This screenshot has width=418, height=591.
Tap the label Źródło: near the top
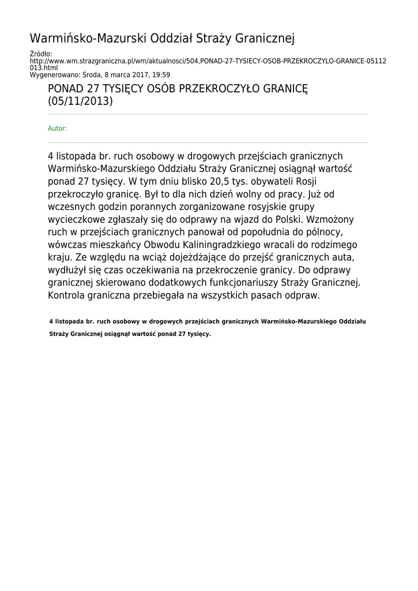pyautogui.click(x=40, y=54)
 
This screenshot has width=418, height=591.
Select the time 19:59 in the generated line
pyautogui.click(x=161, y=74)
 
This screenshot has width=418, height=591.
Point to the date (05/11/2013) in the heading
pyautogui.click(x=80, y=102)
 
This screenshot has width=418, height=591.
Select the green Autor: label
pyautogui.click(x=57, y=128)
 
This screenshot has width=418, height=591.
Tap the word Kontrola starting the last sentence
pyautogui.click(x=68, y=295)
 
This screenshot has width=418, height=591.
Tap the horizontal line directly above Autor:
pyautogui.click(x=208, y=114)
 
